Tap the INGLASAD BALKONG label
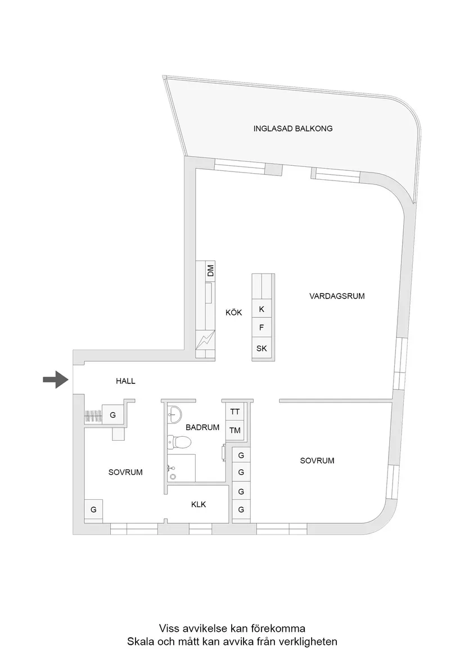(292, 128)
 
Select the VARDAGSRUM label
(337, 296)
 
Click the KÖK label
(233, 313)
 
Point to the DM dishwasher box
(210, 270)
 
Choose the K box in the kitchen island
(262, 309)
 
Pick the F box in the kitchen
(262, 327)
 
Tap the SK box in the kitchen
(262, 348)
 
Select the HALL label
(125, 381)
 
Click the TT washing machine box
(235, 411)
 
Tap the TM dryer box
(235, 430)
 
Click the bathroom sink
(174, 414)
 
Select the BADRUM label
(202, 427)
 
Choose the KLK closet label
(199, 504)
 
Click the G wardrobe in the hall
(113, 415)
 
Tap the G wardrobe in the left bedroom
(93, 509)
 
